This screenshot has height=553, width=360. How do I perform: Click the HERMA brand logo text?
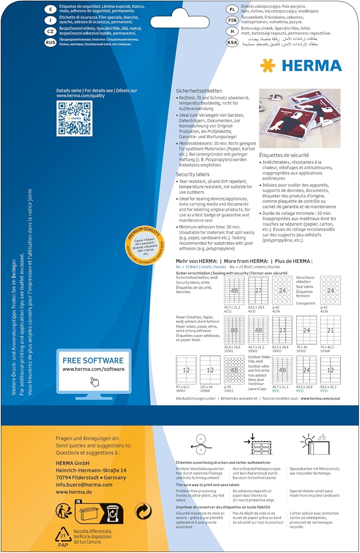pos(312,66)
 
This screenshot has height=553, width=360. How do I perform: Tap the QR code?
pos(75,118)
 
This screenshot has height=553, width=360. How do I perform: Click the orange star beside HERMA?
pos(268,66)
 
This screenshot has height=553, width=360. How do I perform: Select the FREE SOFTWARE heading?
pos(93,361)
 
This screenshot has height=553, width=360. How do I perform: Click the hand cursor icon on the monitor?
pos(94,382)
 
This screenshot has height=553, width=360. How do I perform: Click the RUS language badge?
pos(51,42)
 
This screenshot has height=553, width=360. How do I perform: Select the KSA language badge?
pos(232,42)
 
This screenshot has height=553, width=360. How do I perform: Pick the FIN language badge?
pos(232,20)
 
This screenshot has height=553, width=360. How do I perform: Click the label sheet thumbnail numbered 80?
pos(234,330)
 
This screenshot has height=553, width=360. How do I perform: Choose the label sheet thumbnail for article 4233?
pos(258,291)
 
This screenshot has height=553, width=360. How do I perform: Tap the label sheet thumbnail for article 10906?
pos(330,330)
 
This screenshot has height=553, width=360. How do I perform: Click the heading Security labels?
pos(193,174)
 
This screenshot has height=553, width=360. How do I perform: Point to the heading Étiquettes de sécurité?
pos(284,155)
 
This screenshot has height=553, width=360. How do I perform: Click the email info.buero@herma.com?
pos(84,485)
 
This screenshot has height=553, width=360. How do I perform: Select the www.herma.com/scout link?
pos(320,399)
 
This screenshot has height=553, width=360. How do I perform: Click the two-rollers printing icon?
pos(201,444)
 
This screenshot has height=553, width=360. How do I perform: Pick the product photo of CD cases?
pos(300,118)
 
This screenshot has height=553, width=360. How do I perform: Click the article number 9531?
pos(276,391)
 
